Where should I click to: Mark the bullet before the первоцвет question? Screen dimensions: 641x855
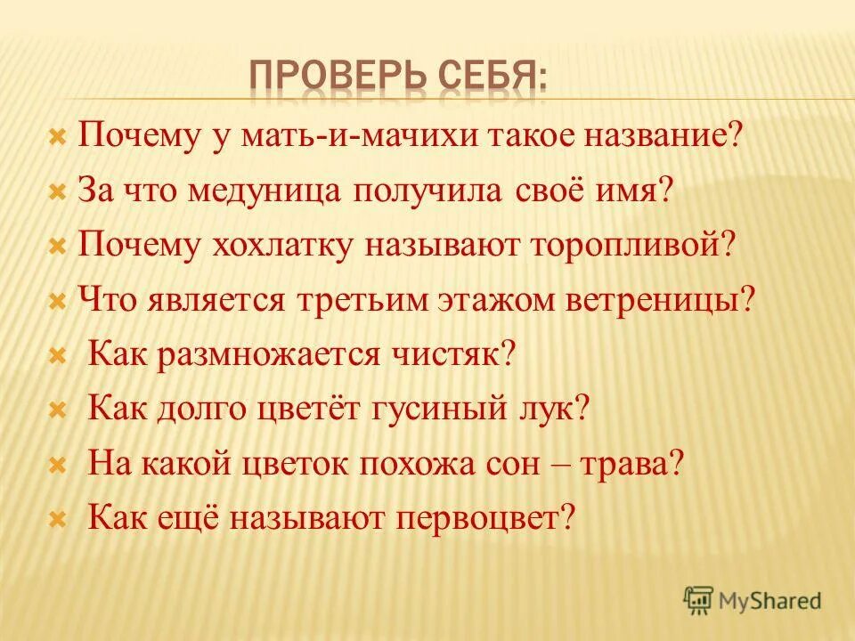(57, 518)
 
